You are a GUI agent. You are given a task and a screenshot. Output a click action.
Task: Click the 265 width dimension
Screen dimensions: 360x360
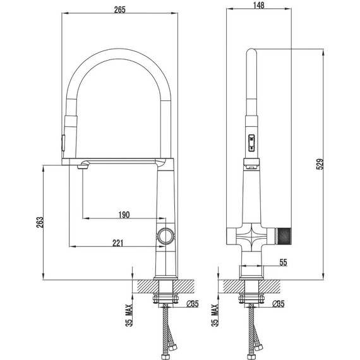[x=119, y=8]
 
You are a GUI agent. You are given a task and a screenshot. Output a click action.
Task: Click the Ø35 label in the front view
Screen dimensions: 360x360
[x=193, y=304]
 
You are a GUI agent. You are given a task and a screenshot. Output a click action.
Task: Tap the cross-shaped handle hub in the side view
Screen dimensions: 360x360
[x=251, y=239]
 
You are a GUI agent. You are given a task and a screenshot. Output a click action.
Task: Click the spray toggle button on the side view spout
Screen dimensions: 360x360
[x=251, y=145]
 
